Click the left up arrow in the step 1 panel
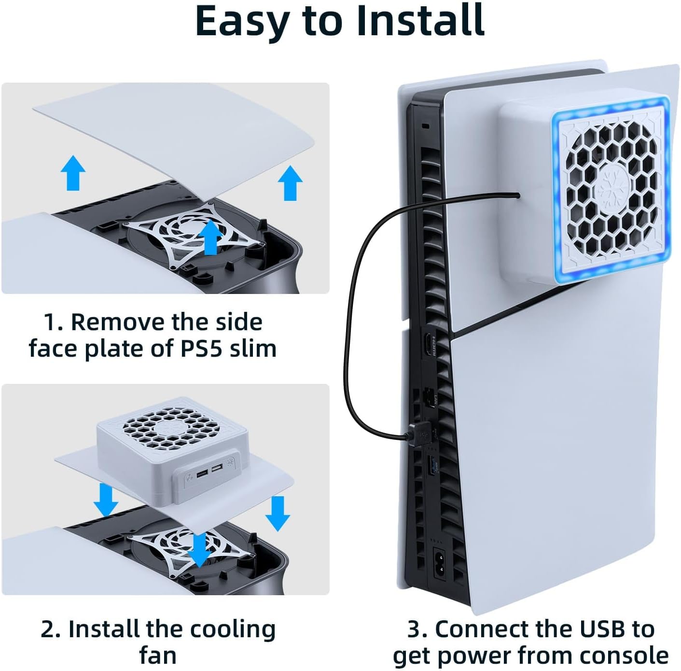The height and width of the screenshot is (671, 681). coord(73,172)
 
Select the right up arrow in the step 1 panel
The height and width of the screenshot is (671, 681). coord(290,183)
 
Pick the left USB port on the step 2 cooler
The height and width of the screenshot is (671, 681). coord(202,475)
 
